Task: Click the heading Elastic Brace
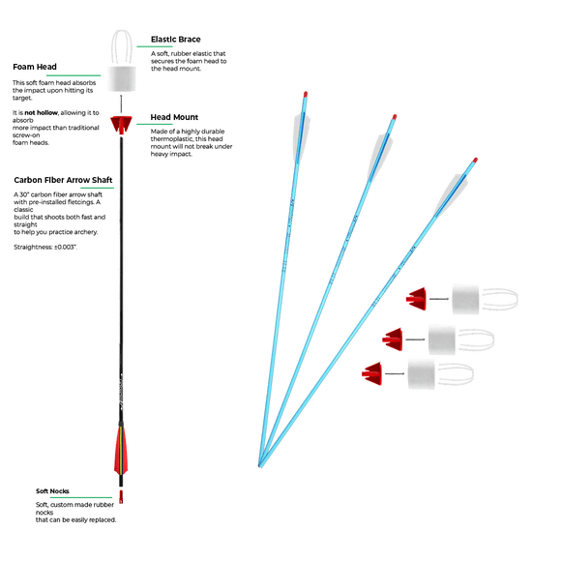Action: click(175, 40)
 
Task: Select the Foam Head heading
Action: click(35, 67)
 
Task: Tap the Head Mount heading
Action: click(174, 117)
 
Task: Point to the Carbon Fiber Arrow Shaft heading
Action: click(63, 180)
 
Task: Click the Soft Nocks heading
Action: click(52, 491)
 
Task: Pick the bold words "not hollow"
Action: click(41, 113)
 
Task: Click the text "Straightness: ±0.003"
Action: click(45, 247)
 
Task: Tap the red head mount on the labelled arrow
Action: click(121, 124)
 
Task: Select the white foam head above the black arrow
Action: click(122, 78)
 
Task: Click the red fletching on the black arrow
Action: click(121, 450)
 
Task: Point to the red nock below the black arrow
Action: click(121, 497)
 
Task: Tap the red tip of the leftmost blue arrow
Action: click(306, 95)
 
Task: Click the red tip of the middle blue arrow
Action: click(395, 117)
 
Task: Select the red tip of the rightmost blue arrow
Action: click(475, 160)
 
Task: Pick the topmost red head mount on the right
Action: click(417, 299)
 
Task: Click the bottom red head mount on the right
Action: click(372, 373)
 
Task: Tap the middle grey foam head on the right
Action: click(442, 340)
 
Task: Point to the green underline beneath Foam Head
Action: click(74, 75)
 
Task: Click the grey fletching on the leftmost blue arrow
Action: click(302, 136)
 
